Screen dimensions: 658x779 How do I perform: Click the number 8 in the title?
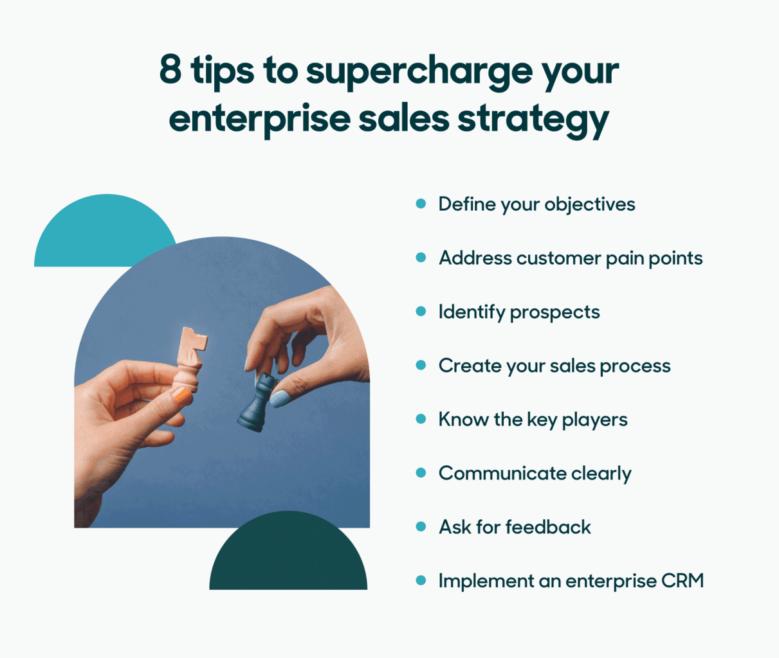coord(170,69)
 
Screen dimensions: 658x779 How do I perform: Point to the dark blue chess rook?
coord(255,404)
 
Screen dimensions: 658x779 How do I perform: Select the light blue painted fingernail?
coord(280,399)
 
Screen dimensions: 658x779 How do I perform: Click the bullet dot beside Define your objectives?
coord(421,204)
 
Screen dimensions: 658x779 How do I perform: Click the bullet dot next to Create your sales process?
coord(421,366)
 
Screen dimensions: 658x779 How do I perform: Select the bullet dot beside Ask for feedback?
coord(421,527)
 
